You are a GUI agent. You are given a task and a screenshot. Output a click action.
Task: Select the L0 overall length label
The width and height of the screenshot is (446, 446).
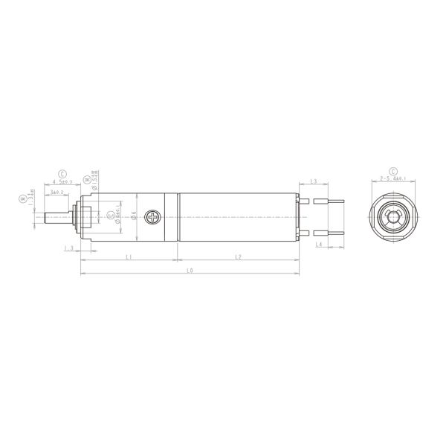[x=190, y=272]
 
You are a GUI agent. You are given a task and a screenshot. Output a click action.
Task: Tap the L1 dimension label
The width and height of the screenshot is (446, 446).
[x=129, y=257]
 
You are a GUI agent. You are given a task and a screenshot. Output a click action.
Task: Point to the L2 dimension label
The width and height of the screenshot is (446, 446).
[x=238, y=257]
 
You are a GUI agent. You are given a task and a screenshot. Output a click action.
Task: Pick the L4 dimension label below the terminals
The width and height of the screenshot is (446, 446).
[x=318, y=244]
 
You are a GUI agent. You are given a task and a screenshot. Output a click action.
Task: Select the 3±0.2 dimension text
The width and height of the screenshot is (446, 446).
[x=56, y=193]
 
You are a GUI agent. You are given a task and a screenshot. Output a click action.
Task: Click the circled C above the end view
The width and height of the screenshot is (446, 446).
[x=392, y=170]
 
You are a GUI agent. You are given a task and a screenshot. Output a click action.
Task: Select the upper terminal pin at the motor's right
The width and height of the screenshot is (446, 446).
[x=332, y=201]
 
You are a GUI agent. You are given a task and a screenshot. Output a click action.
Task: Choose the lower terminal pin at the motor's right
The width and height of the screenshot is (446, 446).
[x=332, y=232]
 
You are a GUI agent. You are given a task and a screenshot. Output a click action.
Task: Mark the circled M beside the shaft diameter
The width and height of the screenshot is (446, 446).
[x=23, y=198]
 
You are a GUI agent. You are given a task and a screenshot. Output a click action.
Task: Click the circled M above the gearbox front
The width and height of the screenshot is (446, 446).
[x=88, y=179]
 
